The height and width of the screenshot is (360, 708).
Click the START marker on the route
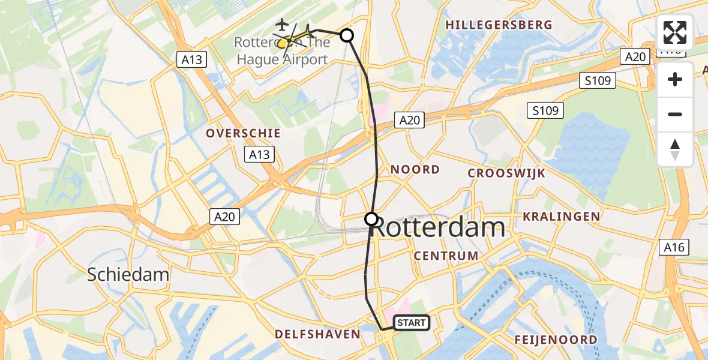point(412,323)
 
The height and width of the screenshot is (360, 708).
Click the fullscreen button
point(675,32)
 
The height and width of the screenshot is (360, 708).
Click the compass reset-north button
point(675,149)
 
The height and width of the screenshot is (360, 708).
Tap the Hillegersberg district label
point(499,25)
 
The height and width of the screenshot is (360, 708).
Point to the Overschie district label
point(244,133)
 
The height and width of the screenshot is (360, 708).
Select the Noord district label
point(415,170)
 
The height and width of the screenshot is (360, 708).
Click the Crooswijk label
point(506,173)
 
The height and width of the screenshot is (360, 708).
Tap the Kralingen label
point(562,216)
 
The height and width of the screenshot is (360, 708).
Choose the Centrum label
point(446,256)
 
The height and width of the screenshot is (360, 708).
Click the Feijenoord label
point(556,340)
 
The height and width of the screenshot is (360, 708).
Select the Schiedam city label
point(128,275)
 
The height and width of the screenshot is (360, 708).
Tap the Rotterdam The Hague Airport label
point(282,51)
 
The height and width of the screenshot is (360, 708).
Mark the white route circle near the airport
point(347,35)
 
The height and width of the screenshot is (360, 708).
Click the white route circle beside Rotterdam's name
point(371,219)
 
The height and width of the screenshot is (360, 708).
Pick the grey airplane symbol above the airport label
point(281,25)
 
